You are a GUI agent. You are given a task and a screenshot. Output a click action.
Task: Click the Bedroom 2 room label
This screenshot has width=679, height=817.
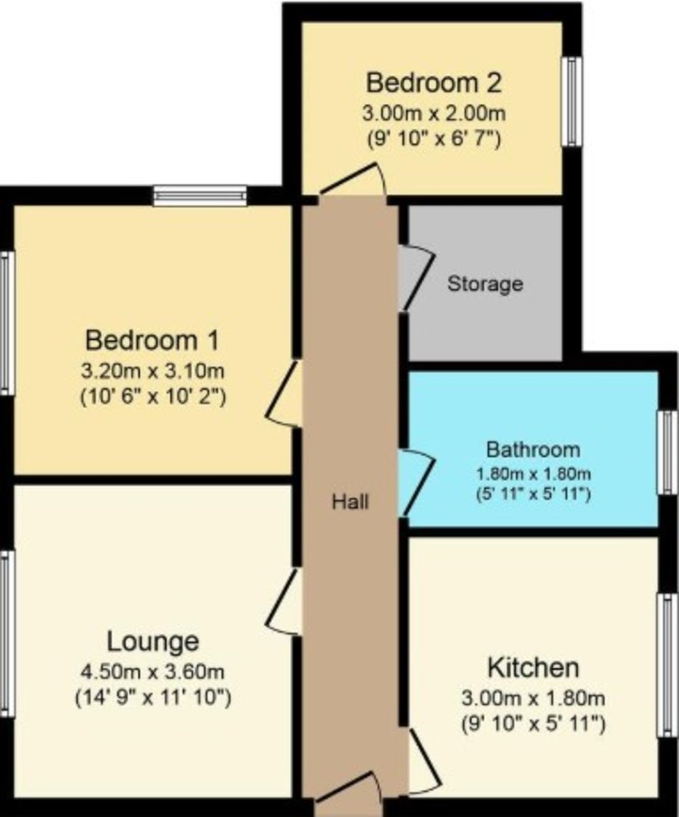(434, 83)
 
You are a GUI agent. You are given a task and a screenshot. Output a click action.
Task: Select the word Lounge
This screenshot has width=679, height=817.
(153, 641)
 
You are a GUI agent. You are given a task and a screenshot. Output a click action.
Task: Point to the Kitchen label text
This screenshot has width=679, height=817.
(533, 667)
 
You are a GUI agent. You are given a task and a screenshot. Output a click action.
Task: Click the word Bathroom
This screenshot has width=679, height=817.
(533, 449)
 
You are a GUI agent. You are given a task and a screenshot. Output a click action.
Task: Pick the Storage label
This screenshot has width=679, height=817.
(485, 283)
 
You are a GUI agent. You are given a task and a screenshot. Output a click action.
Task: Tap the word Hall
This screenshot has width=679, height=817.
(350, 502)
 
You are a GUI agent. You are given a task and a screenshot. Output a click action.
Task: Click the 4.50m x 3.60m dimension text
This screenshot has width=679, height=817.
(153, 673)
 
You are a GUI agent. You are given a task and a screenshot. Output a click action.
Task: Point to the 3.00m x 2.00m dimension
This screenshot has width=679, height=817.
(434, 112)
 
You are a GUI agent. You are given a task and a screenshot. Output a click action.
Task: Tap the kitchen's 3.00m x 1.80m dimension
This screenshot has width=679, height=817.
(533, 699)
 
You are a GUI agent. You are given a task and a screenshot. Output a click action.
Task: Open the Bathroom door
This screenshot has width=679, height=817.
(416, 482)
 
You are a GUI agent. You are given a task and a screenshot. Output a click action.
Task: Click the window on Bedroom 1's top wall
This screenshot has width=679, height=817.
(200, 197)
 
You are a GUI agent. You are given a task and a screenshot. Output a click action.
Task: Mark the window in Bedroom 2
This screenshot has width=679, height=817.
(571, 101)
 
